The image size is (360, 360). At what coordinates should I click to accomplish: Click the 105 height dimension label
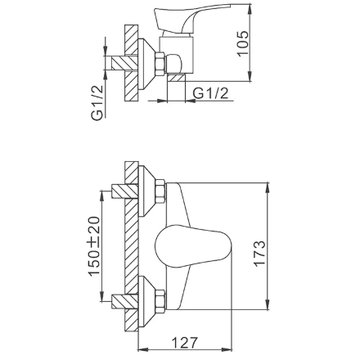pos(243,43)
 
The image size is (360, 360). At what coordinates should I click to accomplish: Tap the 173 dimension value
pos(259,254)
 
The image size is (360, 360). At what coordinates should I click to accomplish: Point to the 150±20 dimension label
pos(94,246)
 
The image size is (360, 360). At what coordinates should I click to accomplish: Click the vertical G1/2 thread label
pos(97,102)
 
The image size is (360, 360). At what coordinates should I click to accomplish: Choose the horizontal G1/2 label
pos(210,93)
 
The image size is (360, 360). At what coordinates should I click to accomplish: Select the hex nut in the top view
pos(160,63)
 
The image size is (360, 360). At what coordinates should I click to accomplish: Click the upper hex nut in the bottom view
pos(160,191)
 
